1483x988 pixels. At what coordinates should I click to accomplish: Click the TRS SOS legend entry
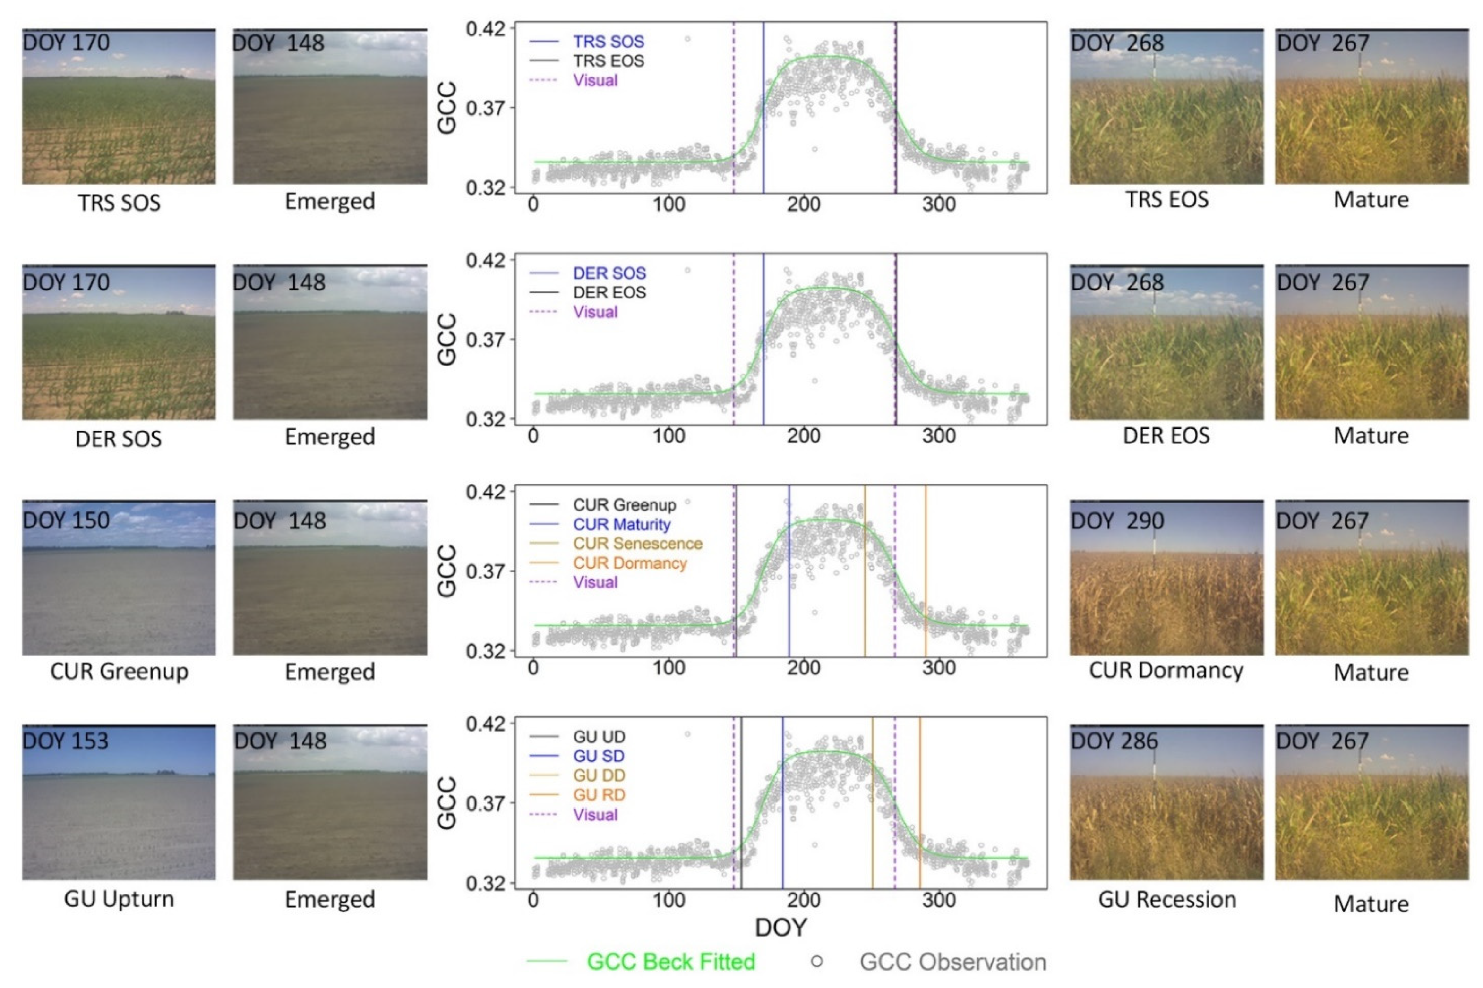pyautogui.click(x=608, y=42)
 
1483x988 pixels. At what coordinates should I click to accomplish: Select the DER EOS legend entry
pyautogui.click(x=609, y=292)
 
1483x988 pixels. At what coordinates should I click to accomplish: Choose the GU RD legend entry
pyautogui.click(x=598, y=794)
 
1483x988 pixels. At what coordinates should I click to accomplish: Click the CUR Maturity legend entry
pyautogui.click(x=621, y=524)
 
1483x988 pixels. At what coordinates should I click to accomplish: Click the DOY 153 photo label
pyautogui.click(x=66, y=741)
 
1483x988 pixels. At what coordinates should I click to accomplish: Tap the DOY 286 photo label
pyautogui.click(x=1114, y=741)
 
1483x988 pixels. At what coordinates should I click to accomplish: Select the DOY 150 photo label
pyautogui.click(x=66, y=520)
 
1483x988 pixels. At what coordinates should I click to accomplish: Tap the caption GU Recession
pyautogui.click(x=1166, y=899)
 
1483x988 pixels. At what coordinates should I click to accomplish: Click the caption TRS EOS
pyautogui.click(x=1166, y=199)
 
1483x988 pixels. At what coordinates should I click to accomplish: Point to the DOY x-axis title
pyautogui.click(x=780, y=928)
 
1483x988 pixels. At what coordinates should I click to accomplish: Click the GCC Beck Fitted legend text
pyautogui.click(x=670, y=962)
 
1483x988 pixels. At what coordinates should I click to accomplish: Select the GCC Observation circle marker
pyautogui.click(x=817, y=962)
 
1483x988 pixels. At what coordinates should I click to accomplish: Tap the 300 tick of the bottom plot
pyautogui.click(x=938, y=899)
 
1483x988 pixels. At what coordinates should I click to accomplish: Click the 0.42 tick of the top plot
pyautogui.click(x=486, y=29)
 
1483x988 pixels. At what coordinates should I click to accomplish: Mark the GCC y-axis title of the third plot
pyautogui.click(x=447, y=571)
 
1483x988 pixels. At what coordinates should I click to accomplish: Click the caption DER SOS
pyautogui.click(x=119, y=439)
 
